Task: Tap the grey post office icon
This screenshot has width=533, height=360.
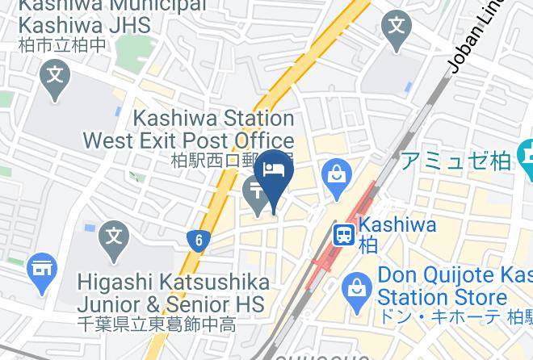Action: click(x=256, y=194)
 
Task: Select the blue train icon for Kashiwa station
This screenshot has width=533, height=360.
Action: click(x=344, y=234)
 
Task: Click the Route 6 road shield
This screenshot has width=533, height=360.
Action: click(x=197, y=239)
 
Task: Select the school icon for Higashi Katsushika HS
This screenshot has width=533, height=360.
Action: click(x=114, y=238)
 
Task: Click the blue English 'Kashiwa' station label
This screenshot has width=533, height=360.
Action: click(x=397, y=225)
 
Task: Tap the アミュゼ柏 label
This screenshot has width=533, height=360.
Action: click(x=457, y=160)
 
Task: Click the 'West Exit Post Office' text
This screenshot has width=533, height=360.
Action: click(x=188, y=140)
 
